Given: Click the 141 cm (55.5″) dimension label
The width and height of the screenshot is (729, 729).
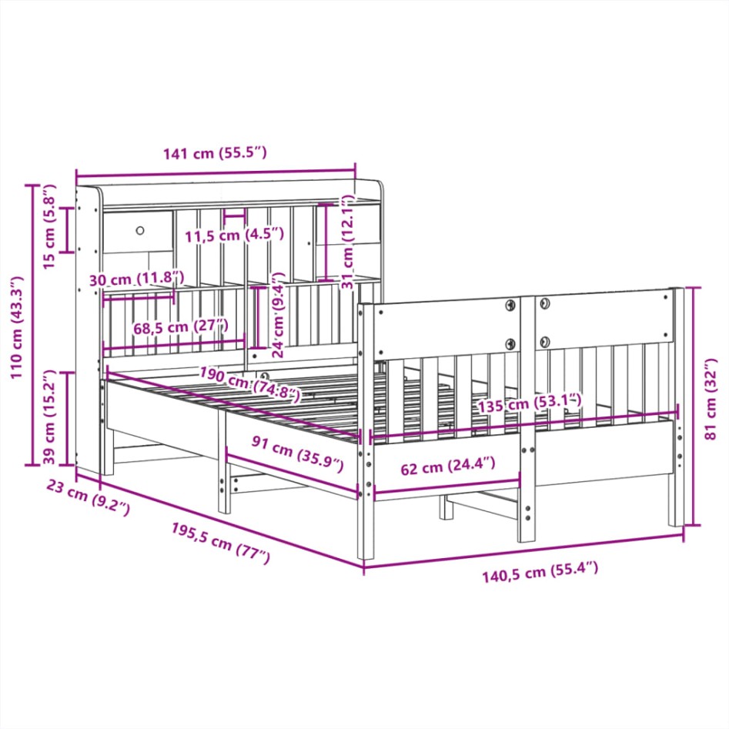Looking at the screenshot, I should [215, 153].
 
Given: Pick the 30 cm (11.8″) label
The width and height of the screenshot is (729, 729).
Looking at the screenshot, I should [137, 279].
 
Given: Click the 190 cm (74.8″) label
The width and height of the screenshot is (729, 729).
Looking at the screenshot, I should [249, 385].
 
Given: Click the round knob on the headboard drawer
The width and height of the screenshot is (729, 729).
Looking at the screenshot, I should [141, 229].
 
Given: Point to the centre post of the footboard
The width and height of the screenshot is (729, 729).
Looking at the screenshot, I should [527, 416].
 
